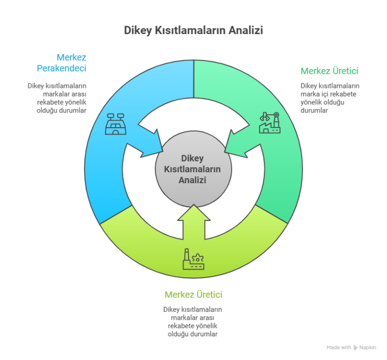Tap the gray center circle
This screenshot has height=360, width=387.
193,169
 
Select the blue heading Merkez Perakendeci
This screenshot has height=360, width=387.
62,62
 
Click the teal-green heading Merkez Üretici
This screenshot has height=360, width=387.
329,71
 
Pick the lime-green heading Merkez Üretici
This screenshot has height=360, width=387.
194,295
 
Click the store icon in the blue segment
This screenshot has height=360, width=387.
115,123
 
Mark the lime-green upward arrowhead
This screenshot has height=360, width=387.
193,216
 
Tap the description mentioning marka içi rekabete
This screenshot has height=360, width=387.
329,98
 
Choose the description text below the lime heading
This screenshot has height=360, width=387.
193,322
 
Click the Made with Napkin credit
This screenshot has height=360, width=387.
352,347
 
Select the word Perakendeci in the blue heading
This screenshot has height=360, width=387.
62,68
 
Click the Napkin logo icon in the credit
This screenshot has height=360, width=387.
356,347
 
